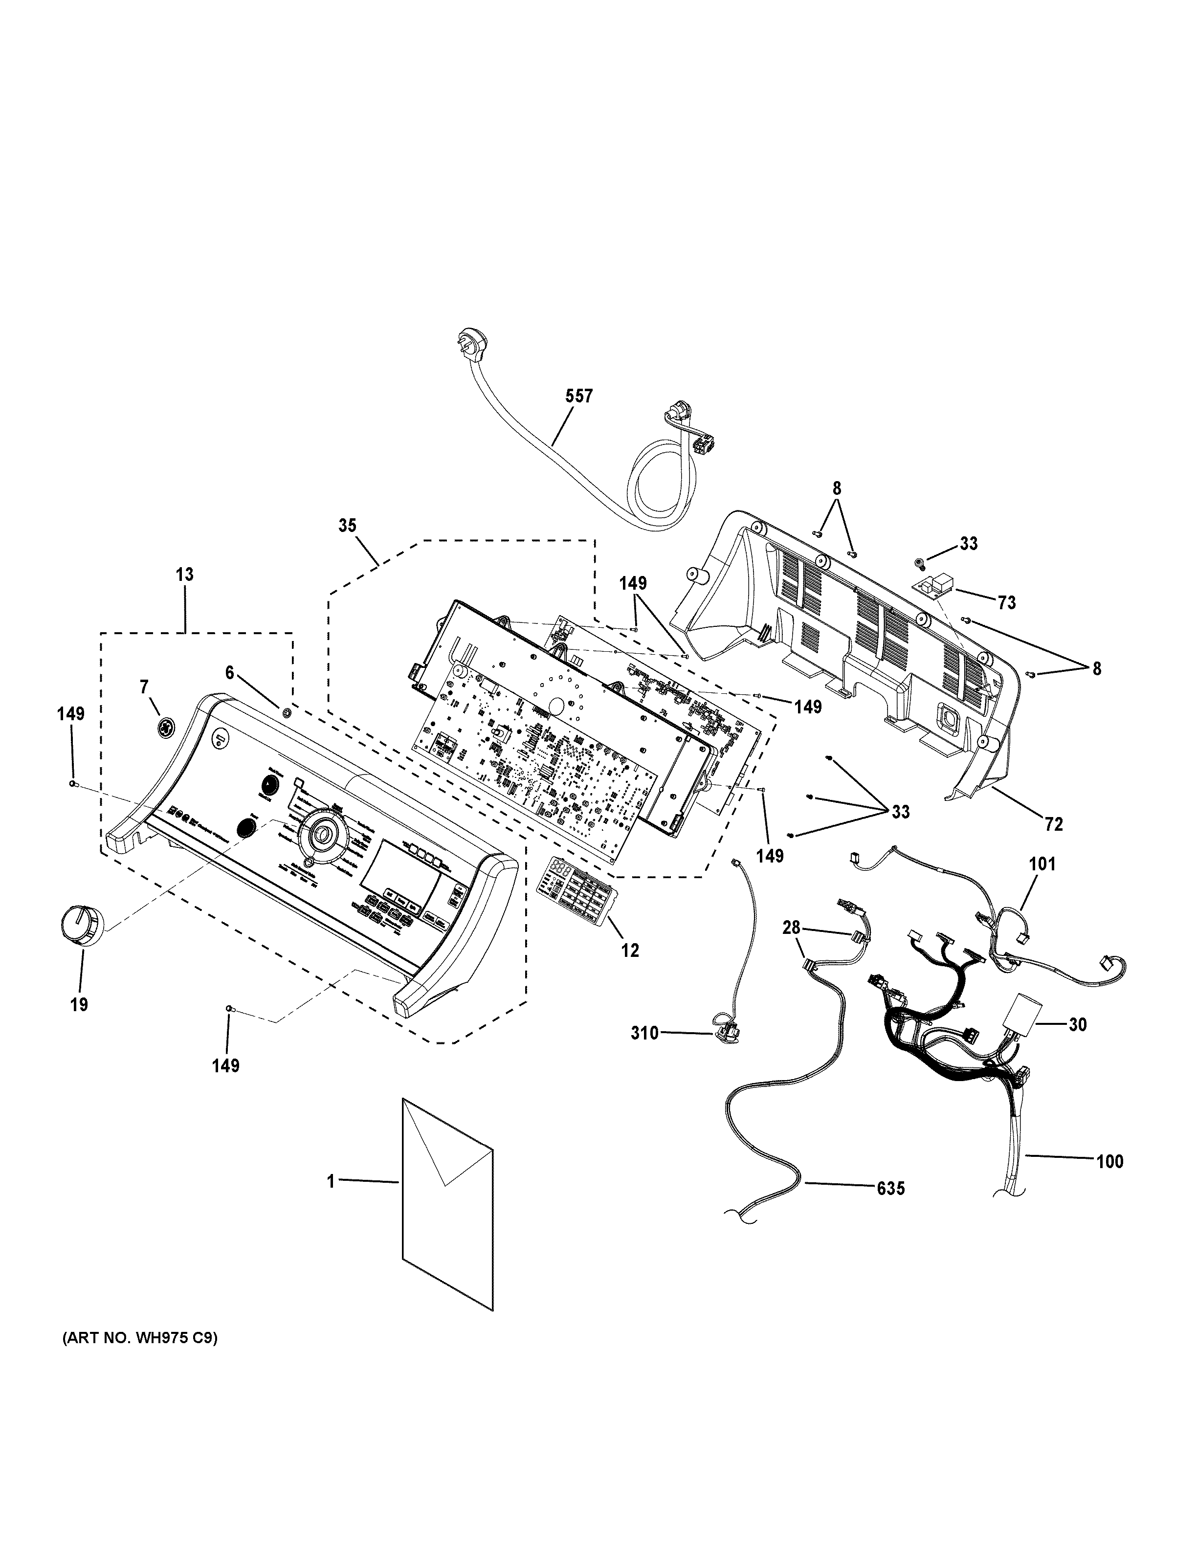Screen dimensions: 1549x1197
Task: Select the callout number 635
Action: [890, 1188]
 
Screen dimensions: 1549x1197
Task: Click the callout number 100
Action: [1110, 1161]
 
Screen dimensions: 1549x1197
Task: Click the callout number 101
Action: [1042, 864]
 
